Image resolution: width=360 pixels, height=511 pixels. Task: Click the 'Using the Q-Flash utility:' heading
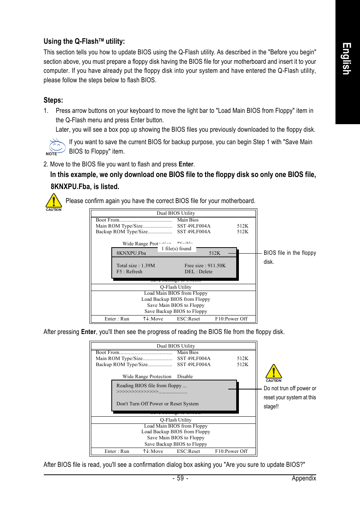[x=84, y=42]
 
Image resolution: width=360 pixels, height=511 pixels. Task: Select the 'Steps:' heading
[x=53, y=100]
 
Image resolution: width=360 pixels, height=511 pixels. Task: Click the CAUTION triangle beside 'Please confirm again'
[x=54, y=202]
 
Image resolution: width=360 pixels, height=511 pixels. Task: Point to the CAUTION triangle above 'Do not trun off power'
[x=274, y=372]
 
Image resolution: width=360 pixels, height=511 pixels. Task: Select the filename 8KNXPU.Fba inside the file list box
[x=131, y=253]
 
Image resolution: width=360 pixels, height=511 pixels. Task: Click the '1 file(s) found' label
[x=176, y=248]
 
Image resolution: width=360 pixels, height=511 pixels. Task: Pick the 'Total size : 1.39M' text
[x=135, y=266]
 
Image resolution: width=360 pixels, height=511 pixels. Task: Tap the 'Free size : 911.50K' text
[x=205, y=266]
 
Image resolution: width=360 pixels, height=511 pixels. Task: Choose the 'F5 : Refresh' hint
[x=129, y=272]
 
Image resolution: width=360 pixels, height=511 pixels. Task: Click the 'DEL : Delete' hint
[x=198, y=272]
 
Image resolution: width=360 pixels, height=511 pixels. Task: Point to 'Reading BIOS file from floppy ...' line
[x=151, y=386]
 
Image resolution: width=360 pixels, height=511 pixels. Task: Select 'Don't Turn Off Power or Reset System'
[x=157, y=404]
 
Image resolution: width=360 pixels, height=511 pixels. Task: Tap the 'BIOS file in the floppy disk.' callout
[x=289, y=257]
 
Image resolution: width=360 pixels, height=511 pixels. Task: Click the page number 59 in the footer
[x=180, y=478]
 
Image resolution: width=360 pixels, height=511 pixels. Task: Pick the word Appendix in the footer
[x=304, y=478]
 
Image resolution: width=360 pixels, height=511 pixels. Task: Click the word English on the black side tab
[x=347, y=58]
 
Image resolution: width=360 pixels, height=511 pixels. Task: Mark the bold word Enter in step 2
[x=186, y=164]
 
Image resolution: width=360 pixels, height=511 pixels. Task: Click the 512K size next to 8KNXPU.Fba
[x=214, y=253]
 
